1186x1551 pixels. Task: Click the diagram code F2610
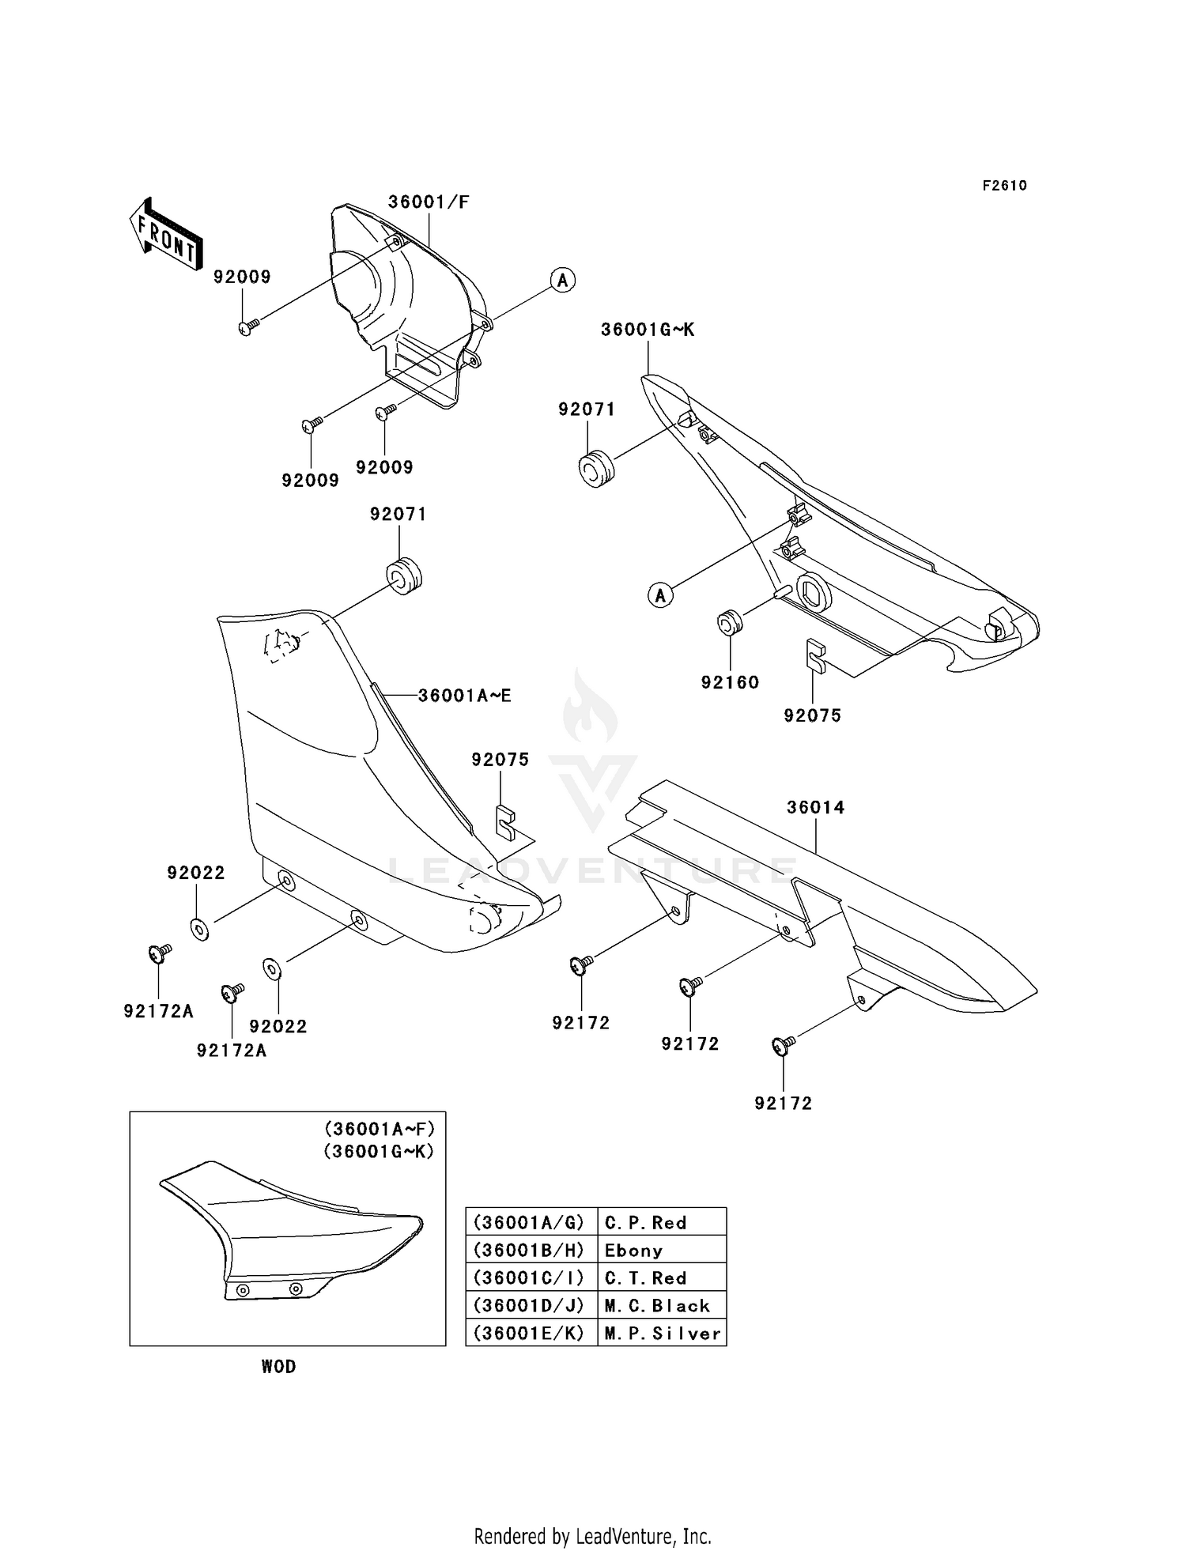tap(1004, 186)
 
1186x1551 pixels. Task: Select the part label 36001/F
tap(429, 202)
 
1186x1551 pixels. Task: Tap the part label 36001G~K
tap(648, 330)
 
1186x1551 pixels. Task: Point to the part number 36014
tap(815, 808)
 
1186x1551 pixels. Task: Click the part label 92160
tap(730, 682)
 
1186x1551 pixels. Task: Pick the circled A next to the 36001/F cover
tap(563, 280)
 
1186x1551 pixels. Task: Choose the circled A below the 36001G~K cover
tap(661, 594)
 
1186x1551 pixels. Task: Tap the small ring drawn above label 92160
tap(729, 622)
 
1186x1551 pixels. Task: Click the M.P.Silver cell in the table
tap(661, 1334)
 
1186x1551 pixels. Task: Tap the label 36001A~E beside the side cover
tap(464, 696)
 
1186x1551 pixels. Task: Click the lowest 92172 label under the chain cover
tap(783, 1104)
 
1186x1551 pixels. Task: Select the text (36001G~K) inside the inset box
tap(379, 1152)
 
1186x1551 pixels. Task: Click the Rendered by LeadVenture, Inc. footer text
tap(592, 1536)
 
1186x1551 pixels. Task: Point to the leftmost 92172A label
tap(158, 1011)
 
